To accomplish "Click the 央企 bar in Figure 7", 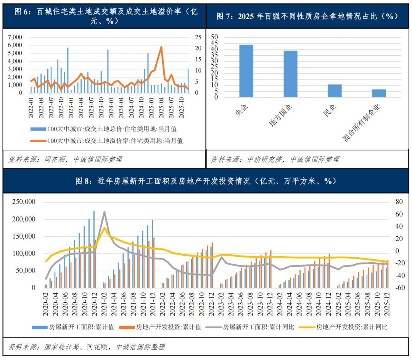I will coord(246,71).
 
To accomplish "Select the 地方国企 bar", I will coord(290,74).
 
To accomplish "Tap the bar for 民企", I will coord(335,90).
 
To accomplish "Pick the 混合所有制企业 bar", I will coord(379,93).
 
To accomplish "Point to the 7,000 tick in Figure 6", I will coord(15,37).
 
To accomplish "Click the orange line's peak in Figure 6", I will coord(161,47).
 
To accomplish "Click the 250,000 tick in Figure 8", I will coord(24,202).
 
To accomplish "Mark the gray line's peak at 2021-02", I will coord(104,212).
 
